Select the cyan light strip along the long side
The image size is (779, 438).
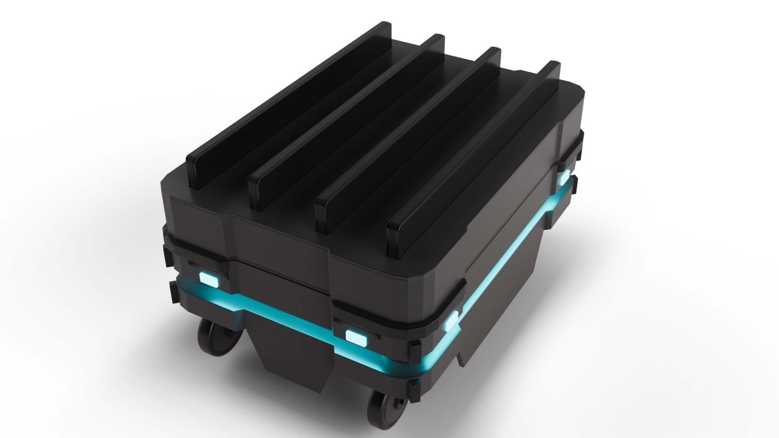515,260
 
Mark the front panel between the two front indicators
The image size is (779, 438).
280,284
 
